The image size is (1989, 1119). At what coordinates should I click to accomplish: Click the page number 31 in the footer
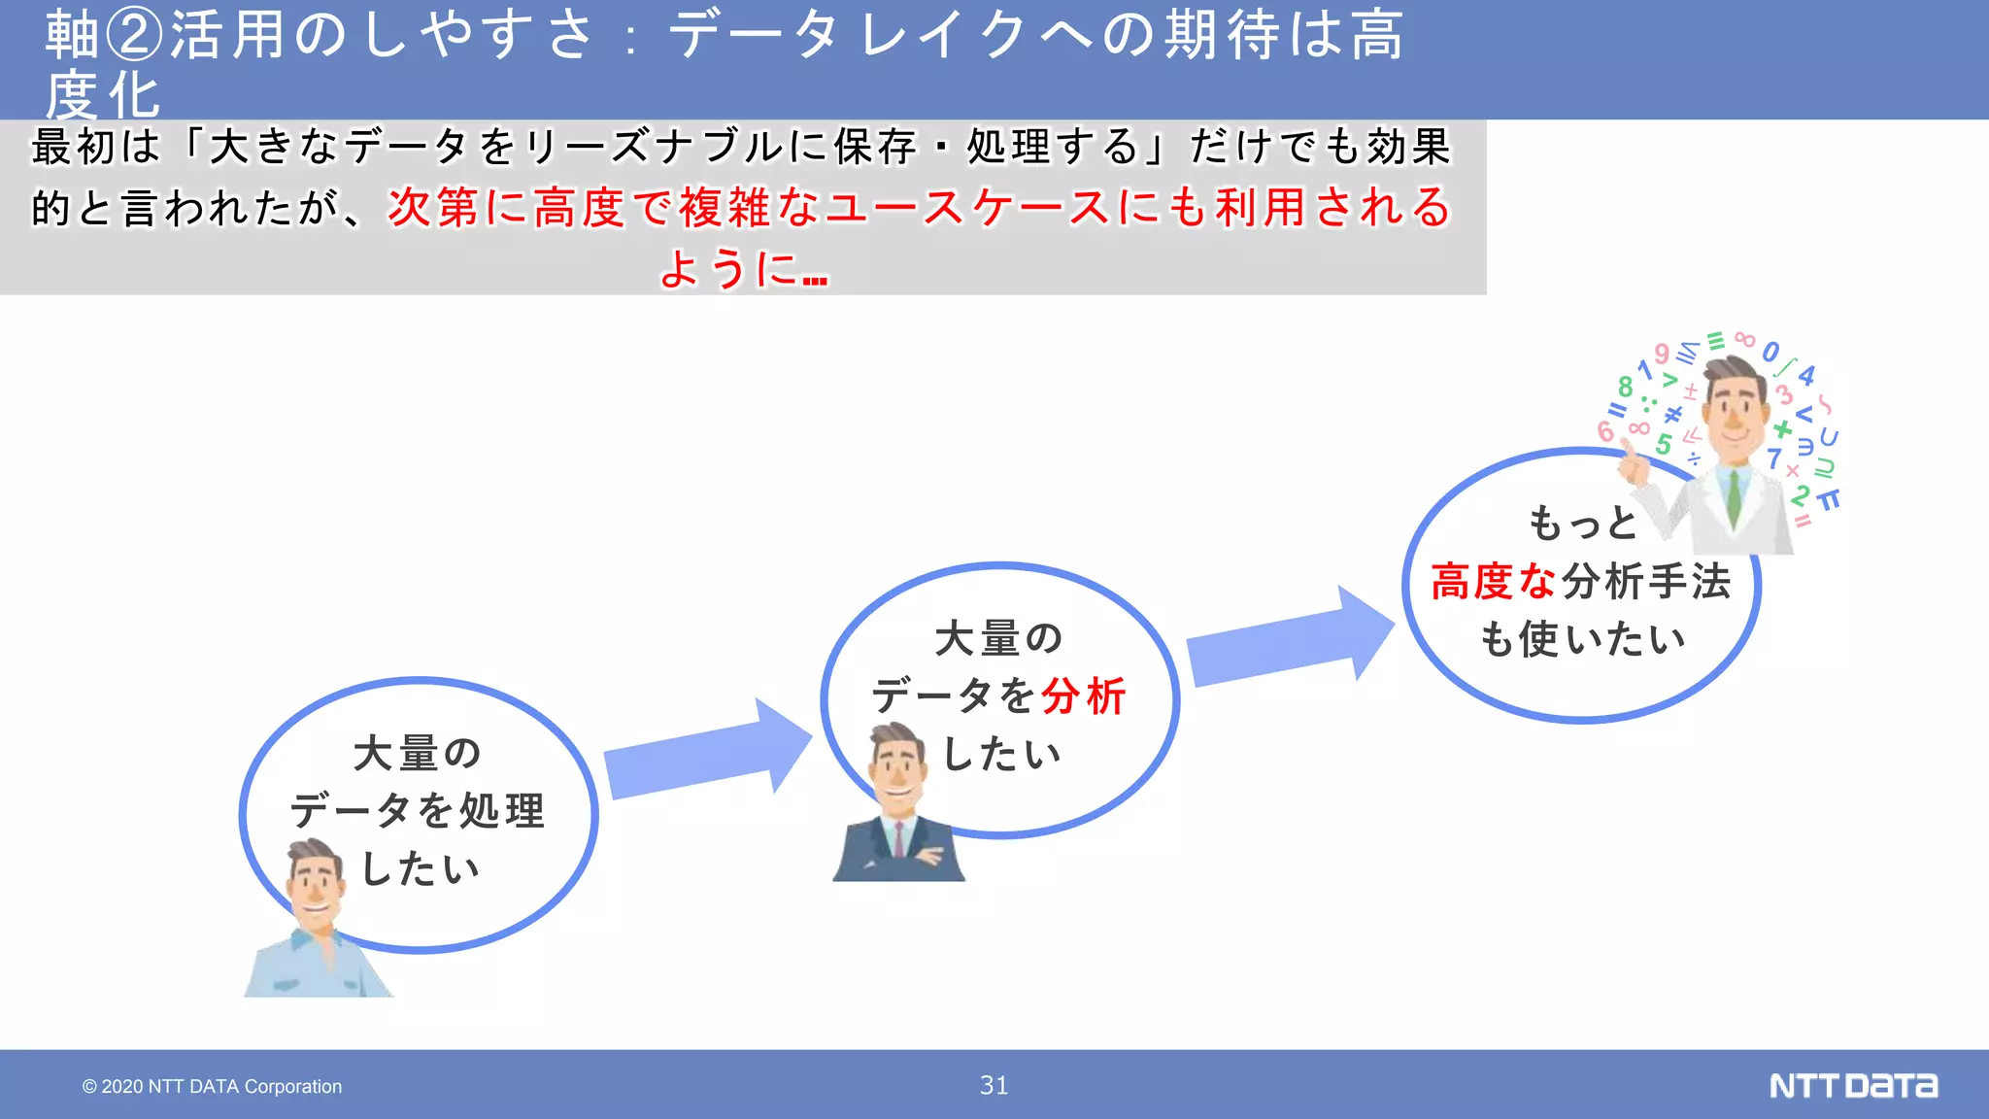click(994, 1085)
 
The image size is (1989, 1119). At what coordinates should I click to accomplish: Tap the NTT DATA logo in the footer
click(1853, 1085)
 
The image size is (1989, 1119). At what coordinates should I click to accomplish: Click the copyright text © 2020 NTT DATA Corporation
click(212, 1086)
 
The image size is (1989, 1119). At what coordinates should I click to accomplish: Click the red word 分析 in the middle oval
click(1083, 696)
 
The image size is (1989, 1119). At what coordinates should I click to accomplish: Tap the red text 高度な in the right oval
click(1494, 582)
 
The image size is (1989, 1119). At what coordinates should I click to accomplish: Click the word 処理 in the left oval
click(501, 811)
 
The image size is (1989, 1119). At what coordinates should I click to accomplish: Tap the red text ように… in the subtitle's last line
click(744, 268)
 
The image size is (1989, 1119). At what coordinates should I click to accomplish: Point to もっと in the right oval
click(1583, 524)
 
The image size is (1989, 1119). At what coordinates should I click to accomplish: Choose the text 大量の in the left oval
click(418, 753)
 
